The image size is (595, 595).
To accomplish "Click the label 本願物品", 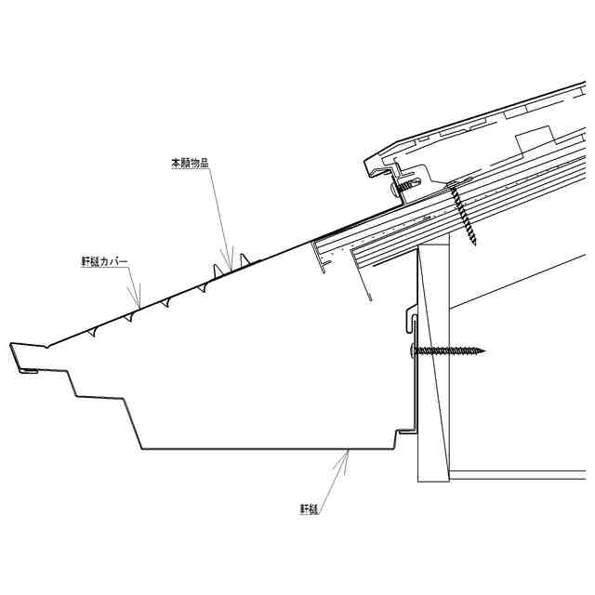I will pos(190,163).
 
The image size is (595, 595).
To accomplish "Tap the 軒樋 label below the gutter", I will pos(310,509).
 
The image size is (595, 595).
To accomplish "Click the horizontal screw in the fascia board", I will pos(448,350).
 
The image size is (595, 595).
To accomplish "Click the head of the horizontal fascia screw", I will pos(414,350).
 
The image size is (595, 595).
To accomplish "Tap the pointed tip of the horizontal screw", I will pos(484,350).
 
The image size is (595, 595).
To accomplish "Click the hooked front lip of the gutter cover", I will pos(22,358).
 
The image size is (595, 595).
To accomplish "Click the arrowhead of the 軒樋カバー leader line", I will pos(139,307).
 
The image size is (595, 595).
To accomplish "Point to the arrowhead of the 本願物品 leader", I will pos(229,262).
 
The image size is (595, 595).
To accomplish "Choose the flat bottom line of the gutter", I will pos(260,449).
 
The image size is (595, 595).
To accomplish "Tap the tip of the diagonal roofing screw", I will pos(475,244).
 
